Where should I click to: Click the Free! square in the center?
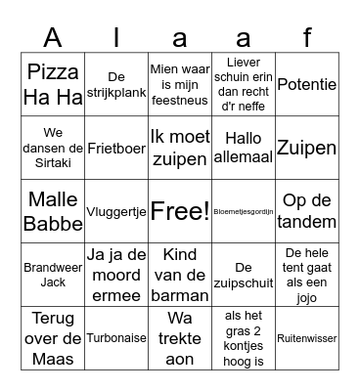180,211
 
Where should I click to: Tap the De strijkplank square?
116,84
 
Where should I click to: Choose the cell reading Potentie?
307,84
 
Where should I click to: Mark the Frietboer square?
116,148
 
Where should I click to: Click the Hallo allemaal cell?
244,148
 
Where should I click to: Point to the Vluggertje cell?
116,211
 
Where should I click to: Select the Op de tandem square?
307,211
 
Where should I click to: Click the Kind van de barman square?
180,275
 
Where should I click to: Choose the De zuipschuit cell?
244,275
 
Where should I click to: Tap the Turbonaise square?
116,338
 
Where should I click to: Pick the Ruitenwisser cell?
307,338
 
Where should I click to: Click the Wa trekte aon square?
180,338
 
